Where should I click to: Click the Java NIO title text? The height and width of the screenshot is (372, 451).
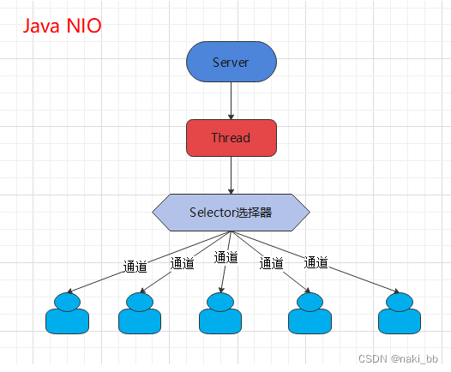point(61,27)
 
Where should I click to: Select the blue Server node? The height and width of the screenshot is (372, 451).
point(231,63)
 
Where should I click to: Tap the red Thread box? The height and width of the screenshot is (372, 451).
point(231,138)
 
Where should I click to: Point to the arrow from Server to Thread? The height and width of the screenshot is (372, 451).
point(231,101)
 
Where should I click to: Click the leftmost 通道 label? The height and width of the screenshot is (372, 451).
point(135,266)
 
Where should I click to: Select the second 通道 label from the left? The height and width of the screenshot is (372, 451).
point(183,262)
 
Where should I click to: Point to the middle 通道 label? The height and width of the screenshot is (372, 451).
point(225,257)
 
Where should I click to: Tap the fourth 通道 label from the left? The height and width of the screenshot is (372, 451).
point(271,263)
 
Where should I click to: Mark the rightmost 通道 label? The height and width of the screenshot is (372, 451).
point(316,262)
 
